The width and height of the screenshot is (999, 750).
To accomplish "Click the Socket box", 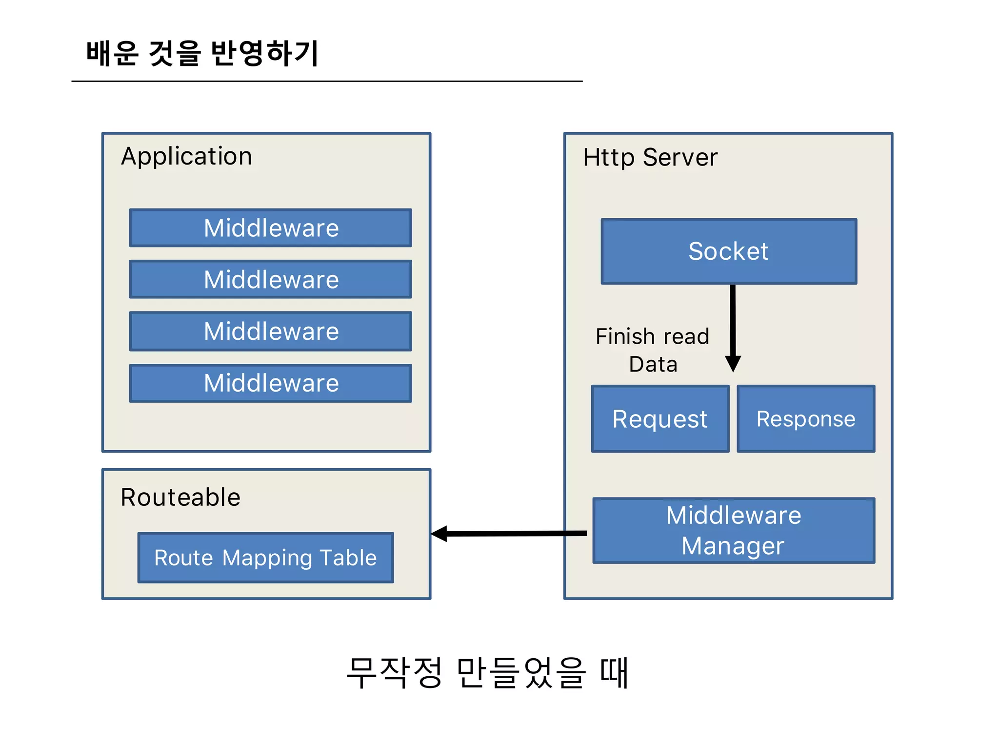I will (x=729, y=251).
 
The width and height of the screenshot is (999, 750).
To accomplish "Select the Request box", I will (x=660, y=419).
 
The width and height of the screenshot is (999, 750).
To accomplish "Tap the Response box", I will (x=806, y=419).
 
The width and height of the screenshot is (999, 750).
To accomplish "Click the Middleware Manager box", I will (x=734, y=531).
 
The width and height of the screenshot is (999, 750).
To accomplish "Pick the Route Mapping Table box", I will (x=265, y=558).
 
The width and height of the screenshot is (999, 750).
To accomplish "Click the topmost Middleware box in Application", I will (x=271, y=228).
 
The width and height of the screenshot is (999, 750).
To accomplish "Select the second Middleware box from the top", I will (x=271, y=279).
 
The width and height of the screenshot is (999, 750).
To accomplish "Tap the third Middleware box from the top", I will (x=271, y=331).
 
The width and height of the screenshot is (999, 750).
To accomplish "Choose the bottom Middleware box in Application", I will (x=271, y=383).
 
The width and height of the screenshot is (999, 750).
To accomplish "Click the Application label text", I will (x=186, y=157).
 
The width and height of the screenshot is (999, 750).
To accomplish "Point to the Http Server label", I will (x=650, y=157).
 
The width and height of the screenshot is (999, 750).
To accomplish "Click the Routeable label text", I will (x=180, y=497).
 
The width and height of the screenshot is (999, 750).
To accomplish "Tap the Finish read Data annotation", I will (x=653, y=350).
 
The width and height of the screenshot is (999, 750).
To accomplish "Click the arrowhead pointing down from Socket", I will (x=733, y=363).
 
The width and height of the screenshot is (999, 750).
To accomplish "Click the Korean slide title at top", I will (x=202, y=53).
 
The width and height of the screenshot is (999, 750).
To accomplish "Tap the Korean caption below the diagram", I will (x=487, y=672).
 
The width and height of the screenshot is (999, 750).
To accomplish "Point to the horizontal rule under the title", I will (x=327, y=81).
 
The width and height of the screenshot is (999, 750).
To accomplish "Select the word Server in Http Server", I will (x=680, y=157).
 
